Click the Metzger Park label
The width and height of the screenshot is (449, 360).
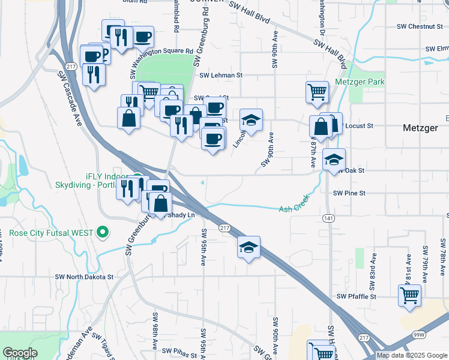coord(359,82)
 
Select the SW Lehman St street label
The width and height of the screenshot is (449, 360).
coord(220,76)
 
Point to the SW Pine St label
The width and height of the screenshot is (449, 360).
coord(349,193)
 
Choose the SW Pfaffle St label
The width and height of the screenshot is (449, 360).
coord(356,296)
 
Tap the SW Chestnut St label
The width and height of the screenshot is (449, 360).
coord(420,26)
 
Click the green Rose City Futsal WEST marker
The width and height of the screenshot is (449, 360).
coord(103,232)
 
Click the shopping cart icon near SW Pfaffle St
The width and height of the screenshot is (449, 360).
coord(409,295)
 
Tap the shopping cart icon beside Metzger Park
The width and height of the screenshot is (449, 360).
coord(317,92)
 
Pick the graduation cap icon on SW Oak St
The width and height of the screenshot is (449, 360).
coord(334,160)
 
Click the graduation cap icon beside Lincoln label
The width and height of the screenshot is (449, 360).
coord(252,120)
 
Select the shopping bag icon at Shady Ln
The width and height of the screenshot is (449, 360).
coord(160,203)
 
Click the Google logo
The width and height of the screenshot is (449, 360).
coord(20,353)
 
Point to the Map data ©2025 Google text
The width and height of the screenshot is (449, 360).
coord(412,355)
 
